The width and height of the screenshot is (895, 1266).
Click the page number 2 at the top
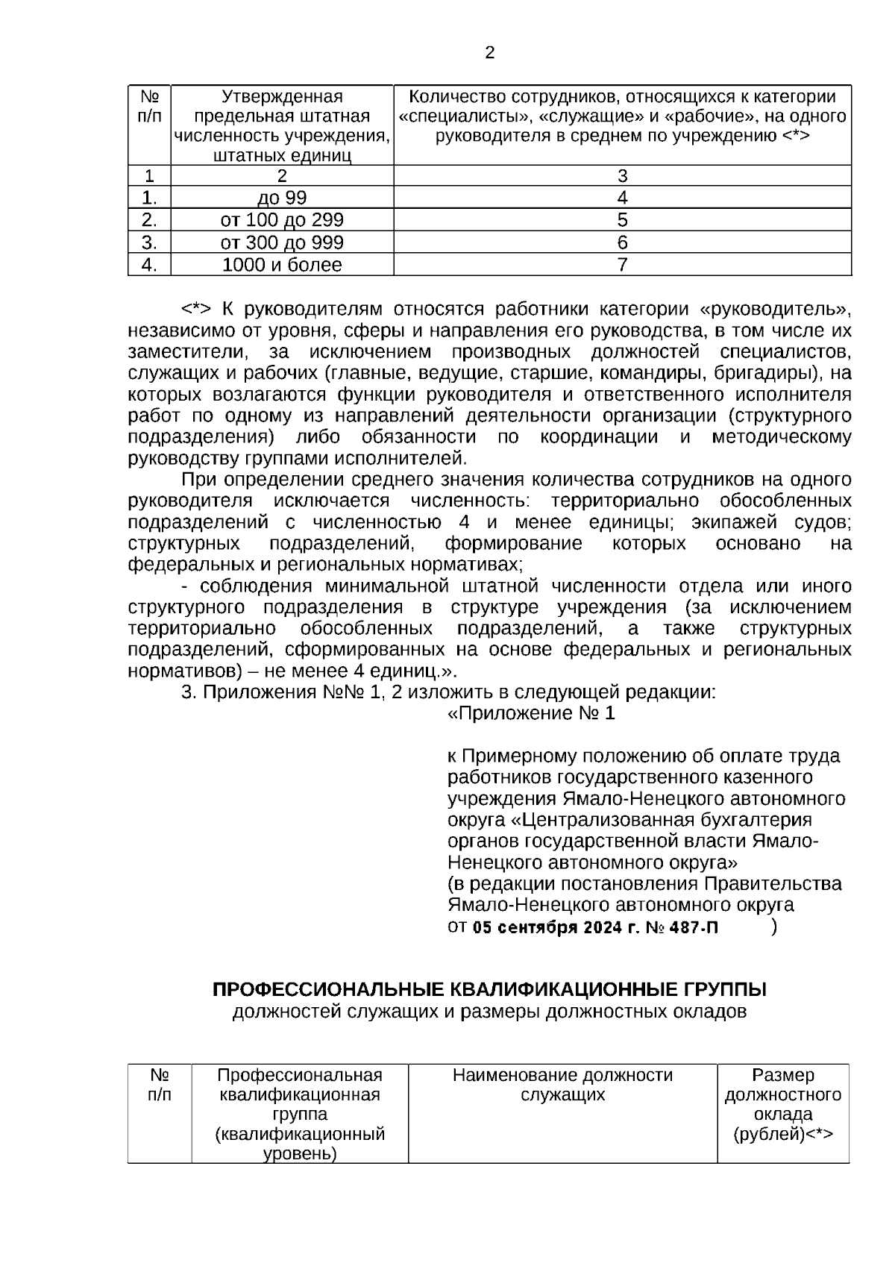[x=489, y=53]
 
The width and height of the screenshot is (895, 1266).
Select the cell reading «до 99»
[x=282, y=198]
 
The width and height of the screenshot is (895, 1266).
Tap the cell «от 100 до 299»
[x=282, y=220]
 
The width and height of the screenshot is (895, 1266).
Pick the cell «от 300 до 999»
[x=282, y=242]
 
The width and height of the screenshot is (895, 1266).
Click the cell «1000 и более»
[x=282, y=265]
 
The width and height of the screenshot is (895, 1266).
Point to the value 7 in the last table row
[x=622, y=265]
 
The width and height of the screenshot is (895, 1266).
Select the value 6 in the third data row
[x=622, y=242]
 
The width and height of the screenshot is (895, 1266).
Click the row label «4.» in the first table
[x=149, y=265]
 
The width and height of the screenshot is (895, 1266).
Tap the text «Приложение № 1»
[x=531, y=714]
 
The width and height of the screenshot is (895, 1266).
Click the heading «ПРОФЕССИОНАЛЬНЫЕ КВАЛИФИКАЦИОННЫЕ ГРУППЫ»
[x=489, y=990]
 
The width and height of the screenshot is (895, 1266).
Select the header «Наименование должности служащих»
[x=562, y=1085]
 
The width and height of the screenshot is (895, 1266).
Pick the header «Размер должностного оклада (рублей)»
[x=782, y=1105]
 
